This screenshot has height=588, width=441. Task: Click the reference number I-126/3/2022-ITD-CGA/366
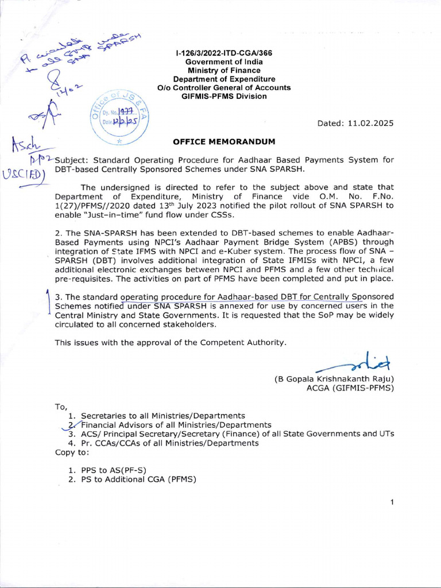[223, 53]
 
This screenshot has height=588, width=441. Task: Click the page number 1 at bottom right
[392, 502]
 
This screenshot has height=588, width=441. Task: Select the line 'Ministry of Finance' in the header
[223, 70]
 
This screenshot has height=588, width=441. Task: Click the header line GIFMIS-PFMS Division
[223, 96]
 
